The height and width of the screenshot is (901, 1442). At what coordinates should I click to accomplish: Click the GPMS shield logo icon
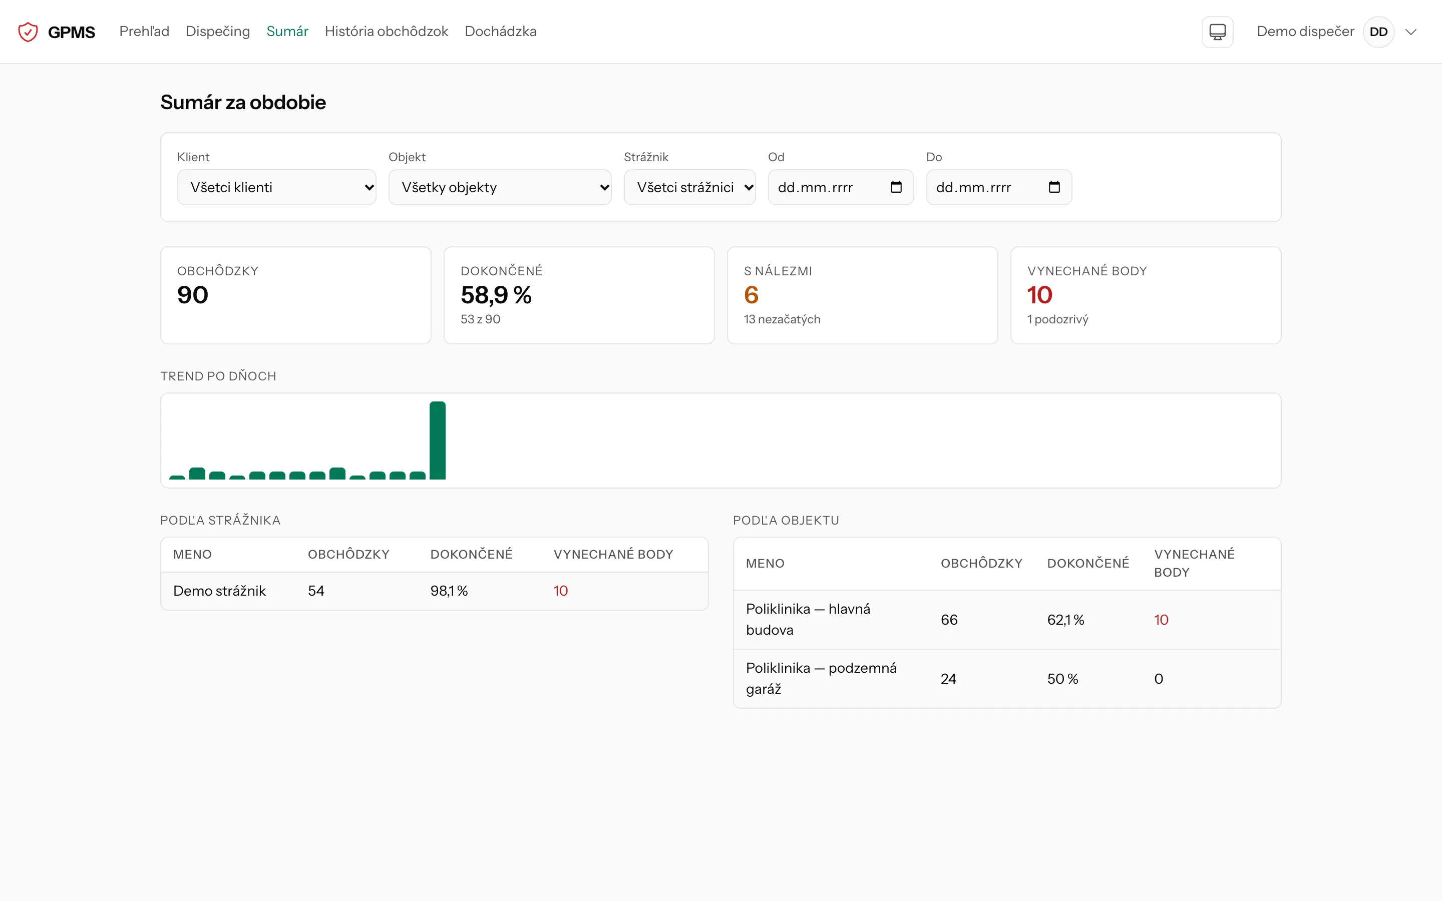(28, 32)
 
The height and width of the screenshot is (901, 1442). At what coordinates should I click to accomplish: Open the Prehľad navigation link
(144, 32)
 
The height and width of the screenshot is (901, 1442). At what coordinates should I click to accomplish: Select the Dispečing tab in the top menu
(218, 32)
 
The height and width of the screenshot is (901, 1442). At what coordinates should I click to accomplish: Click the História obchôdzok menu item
(386, 32)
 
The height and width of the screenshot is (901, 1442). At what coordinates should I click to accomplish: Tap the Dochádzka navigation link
(501, 32)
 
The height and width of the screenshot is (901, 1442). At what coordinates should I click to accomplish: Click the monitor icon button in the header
(1217, 32)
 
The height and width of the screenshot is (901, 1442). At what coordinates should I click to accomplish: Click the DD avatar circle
(1378, 32)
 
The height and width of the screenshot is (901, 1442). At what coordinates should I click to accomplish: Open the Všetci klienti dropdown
(276, 187)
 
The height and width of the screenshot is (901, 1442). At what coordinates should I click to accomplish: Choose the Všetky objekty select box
(500, 187)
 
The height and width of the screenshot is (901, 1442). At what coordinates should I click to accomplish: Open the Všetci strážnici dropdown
(689, 187)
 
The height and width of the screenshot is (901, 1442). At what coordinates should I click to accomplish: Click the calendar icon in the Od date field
(896, 187)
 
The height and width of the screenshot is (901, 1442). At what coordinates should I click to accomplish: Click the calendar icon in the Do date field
(1054, 187)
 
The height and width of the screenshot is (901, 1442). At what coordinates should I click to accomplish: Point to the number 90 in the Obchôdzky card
(192, 295)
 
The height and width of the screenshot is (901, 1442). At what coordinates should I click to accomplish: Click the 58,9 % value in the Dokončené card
(496, 295)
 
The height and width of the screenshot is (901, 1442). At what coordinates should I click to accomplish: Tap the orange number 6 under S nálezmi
(752, 295)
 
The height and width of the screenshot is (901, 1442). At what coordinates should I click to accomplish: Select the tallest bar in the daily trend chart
(438, 440)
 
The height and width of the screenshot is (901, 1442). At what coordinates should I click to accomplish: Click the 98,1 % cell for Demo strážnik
(449, 591)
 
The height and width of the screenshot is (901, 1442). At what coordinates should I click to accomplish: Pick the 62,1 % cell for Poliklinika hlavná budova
(1065, 620)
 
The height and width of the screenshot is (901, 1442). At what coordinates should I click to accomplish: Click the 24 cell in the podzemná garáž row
(948, 679)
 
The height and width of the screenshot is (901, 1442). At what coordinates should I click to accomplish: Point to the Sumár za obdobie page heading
(243, 103)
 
